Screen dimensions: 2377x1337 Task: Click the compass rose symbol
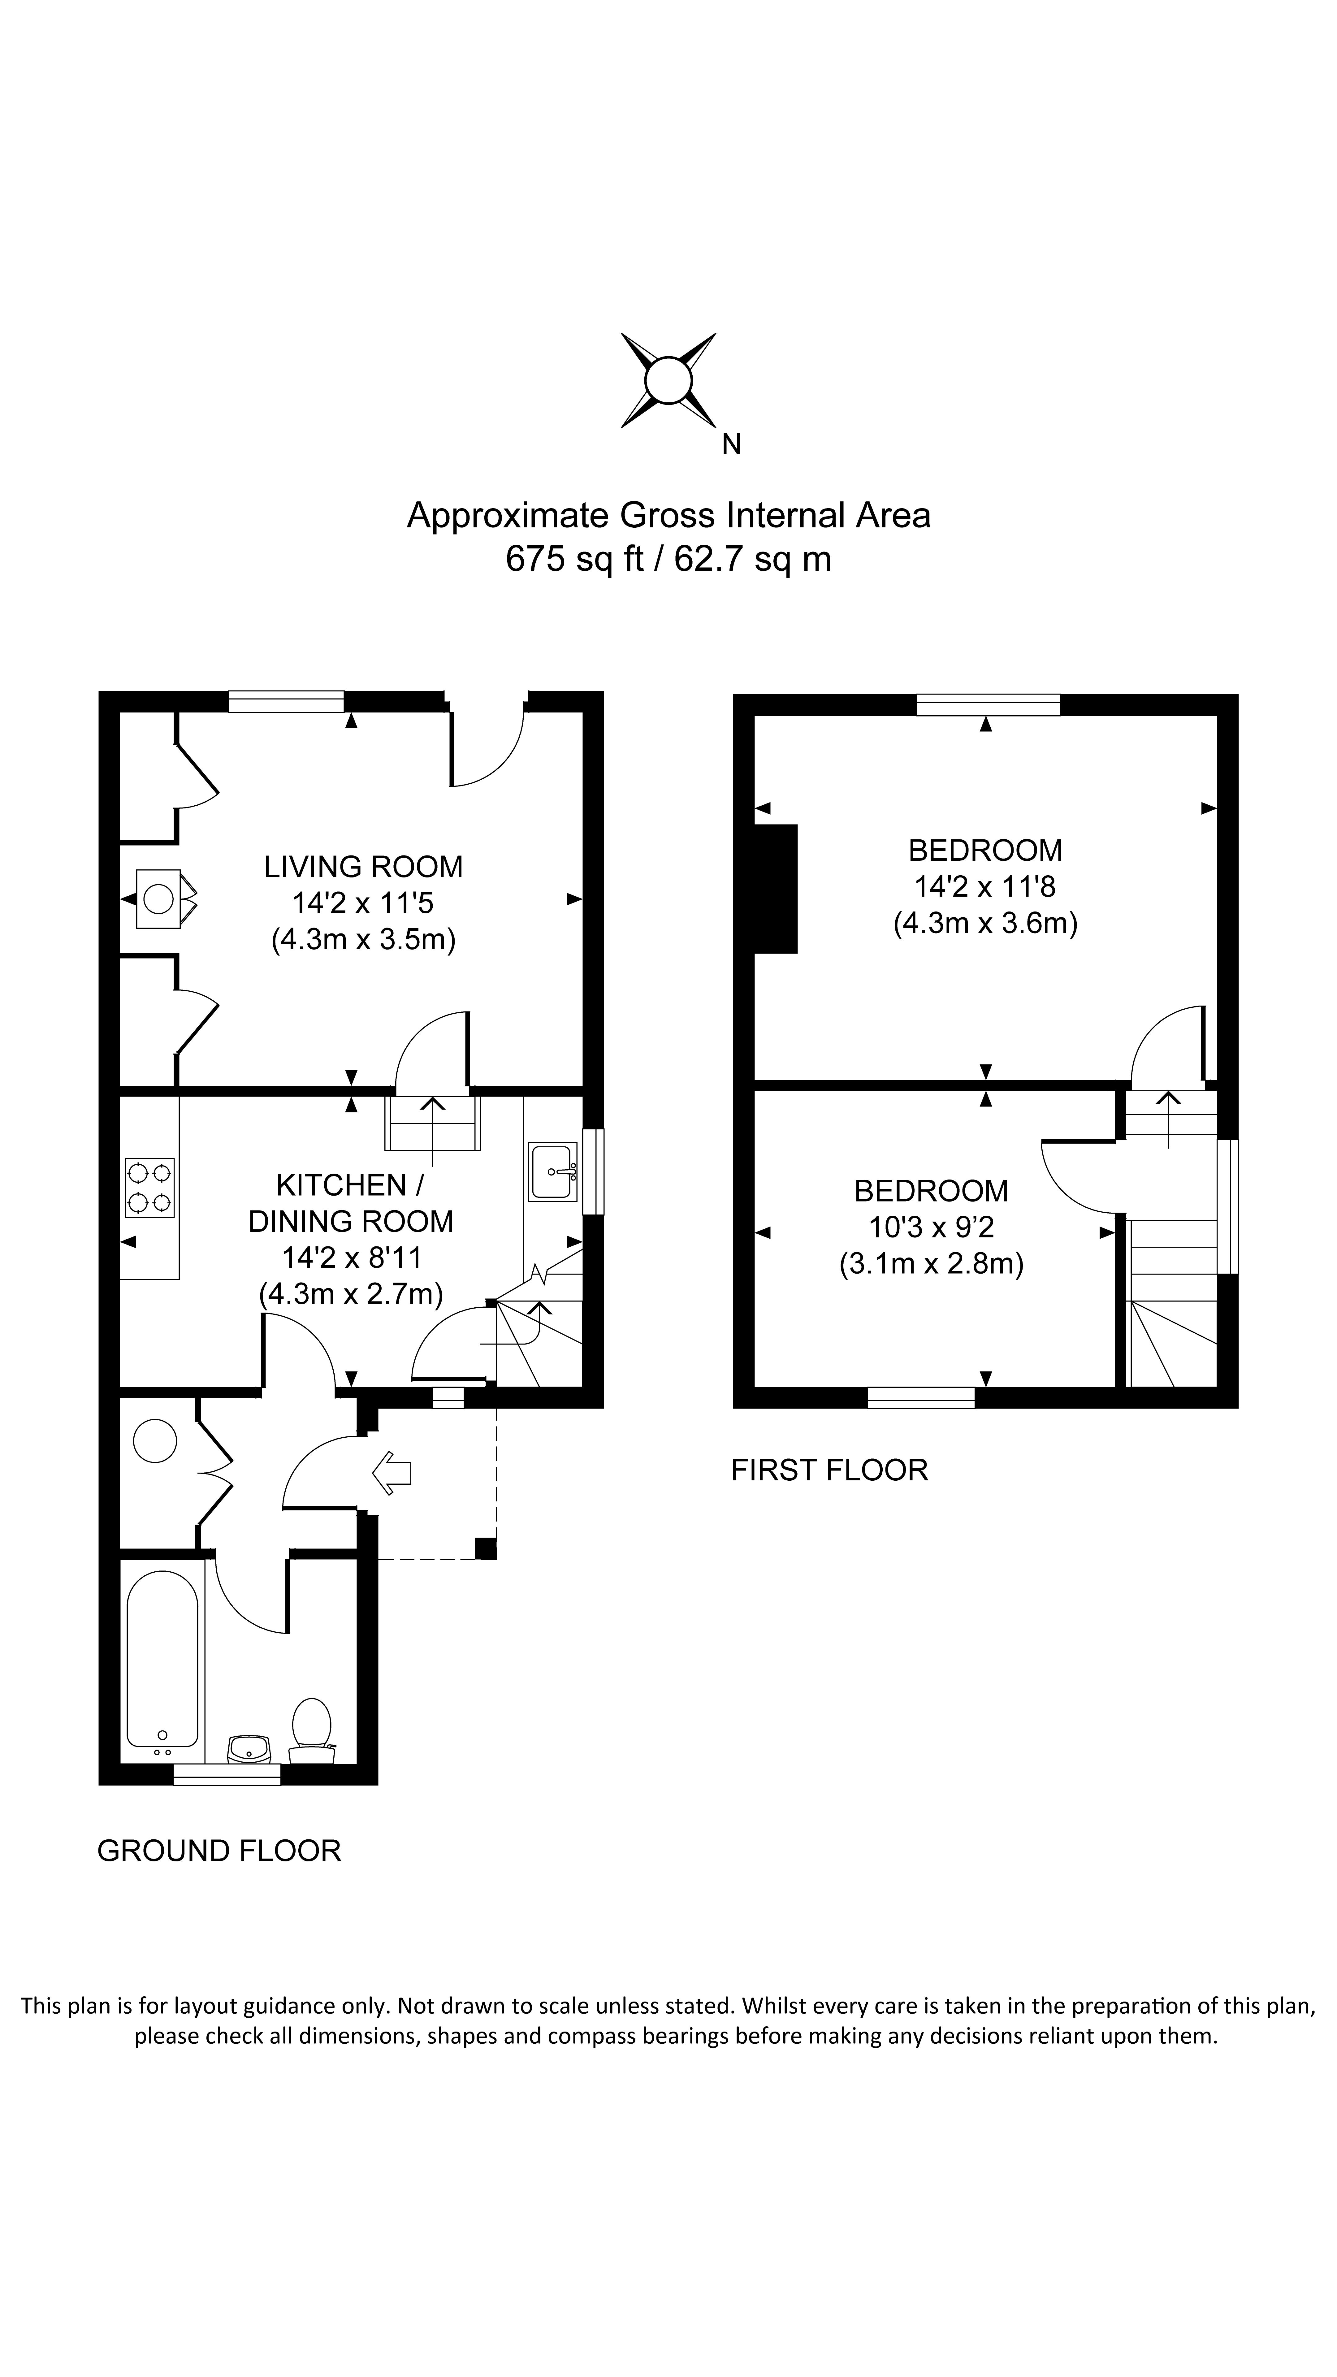click(x=668, y=380)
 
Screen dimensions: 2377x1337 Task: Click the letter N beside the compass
click(x=731, y=445)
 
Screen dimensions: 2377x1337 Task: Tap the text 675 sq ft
click(x=574, y=559)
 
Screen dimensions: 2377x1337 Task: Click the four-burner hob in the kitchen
click(x=149, y=1188)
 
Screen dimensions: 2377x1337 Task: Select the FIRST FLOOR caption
click(x=829, y=1470)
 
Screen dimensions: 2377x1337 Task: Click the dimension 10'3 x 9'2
click(x=931, y=1227)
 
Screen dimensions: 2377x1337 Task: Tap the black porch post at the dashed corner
click(x=485, y=1548)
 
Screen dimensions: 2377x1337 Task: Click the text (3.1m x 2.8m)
click(x=931, y=1263)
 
